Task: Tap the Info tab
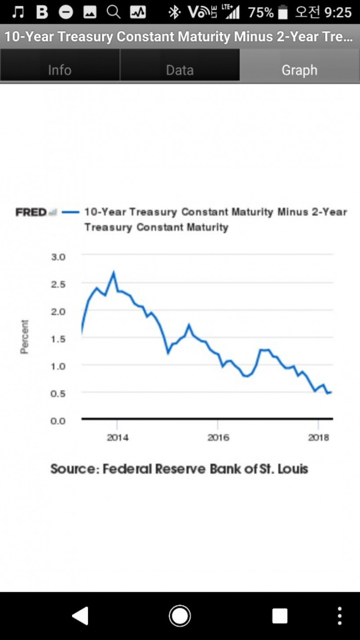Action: tap(60, 70)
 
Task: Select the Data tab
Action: tap(180, 70)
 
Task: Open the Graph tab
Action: tap(299, 70)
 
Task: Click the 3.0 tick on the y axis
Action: tap(58, 257)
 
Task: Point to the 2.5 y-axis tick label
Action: tap(58, 284)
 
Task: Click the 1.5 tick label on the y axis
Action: tap(58, 339)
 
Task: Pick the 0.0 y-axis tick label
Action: tap(58, 421)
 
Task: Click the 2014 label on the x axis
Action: tap(118, 438)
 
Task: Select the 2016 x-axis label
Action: tap(218, 438)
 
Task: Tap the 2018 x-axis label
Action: tap(319, 438)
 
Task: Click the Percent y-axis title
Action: tap(25, 337)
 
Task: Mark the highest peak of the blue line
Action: tap(114, 272)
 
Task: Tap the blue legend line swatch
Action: tap(70, 212)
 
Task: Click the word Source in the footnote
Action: tap(75, 469)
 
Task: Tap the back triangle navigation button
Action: tap(80, 616)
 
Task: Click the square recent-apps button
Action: tap(280, 616)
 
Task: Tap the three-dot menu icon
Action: tap(339, 616)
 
